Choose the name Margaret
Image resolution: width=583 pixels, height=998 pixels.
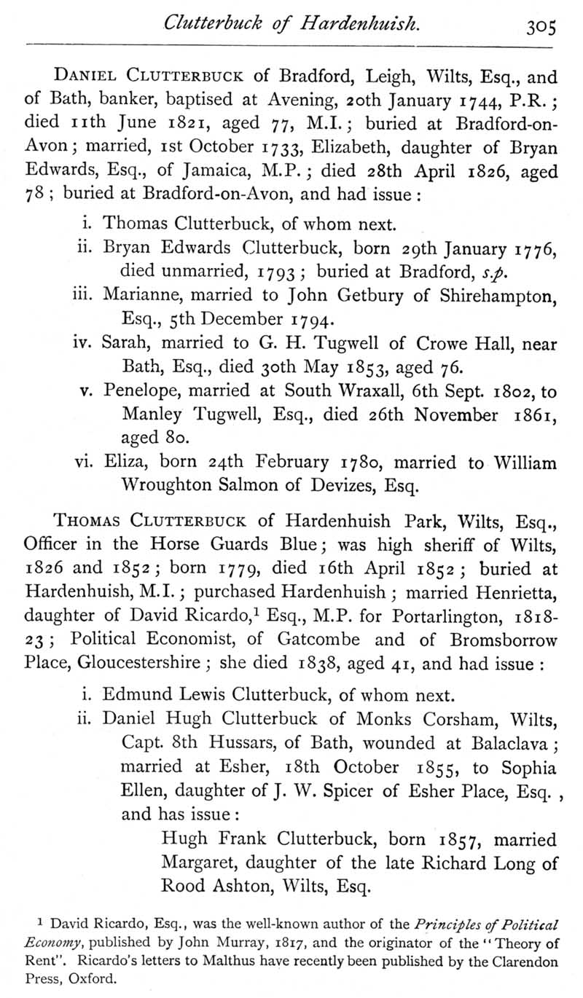pos(199,863)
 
